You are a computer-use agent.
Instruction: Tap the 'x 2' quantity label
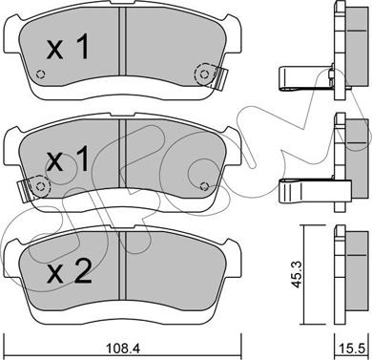point(69,271)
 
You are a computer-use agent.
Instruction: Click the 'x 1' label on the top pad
point(68,47)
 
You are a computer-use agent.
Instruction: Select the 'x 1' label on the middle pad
point(68,160)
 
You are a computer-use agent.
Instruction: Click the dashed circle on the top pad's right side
point(204,74)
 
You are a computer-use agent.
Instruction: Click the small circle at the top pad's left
point(40,74)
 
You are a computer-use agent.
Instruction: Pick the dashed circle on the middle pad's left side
point(40,186)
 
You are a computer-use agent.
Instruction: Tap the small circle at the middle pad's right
point(205,186)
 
